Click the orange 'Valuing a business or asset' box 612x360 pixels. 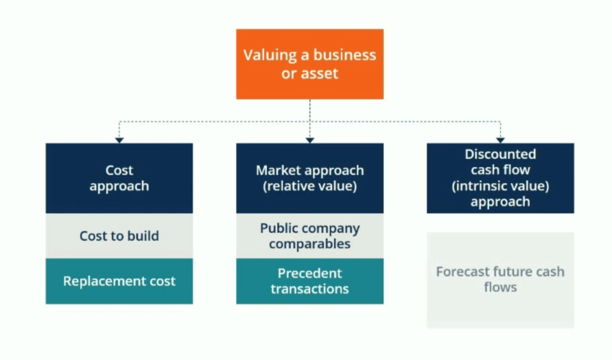coord(310,64)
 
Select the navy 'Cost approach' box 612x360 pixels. coord(119,178)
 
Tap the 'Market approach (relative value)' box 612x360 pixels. coord(310,178)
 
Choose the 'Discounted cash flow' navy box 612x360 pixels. coord(500,178)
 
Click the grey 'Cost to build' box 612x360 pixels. coord(119,236)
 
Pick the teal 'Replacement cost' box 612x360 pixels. coord(119,281)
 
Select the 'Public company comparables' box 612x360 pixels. coord(310,236)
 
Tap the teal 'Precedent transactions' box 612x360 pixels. coord(310,281)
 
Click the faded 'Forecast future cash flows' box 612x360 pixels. coord(500,280)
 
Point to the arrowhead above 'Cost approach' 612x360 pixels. coord(119,140)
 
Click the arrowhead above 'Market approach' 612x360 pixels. coord(310,140)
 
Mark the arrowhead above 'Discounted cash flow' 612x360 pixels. coord(500,140)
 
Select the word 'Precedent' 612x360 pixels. coord(310,273)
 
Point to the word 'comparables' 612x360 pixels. coord(310,244)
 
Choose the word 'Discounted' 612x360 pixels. coord(500,154)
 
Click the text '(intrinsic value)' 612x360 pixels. coord(500,186)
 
